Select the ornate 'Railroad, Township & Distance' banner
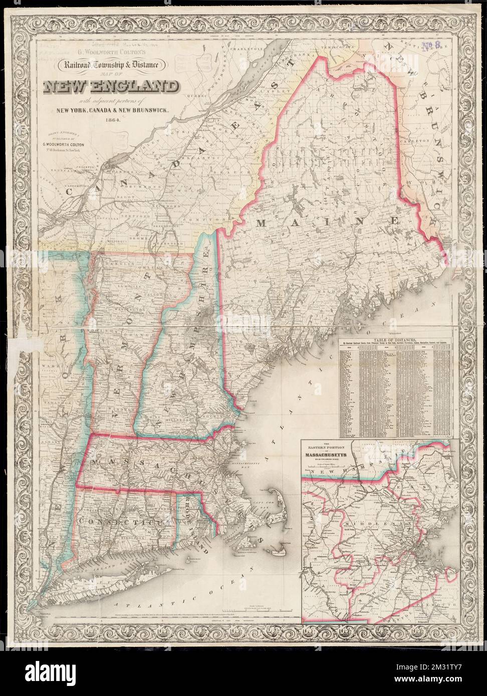pos(117,64)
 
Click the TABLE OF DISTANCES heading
pos(395,340)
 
